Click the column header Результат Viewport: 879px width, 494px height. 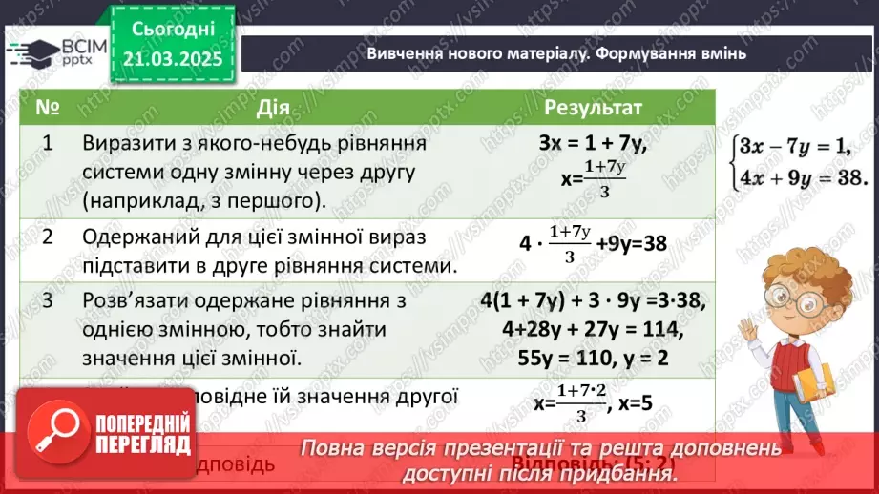click(594, 107)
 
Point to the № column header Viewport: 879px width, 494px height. click(47, 107)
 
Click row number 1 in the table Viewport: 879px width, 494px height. click(47, 143)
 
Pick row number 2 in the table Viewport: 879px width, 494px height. click(47, 237)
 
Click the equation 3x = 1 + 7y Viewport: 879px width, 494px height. click(594, 145)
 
